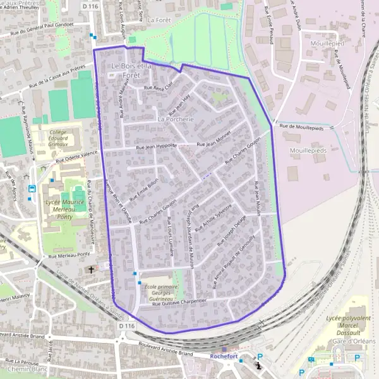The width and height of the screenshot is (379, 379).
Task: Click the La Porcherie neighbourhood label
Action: [175, 119]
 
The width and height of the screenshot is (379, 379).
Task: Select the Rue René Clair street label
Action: [158, 88]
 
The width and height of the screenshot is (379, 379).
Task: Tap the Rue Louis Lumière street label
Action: [170, 233]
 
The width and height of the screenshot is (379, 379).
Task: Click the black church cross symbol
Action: [91, 270]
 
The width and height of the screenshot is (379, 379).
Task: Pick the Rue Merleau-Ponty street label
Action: [70, 256]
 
